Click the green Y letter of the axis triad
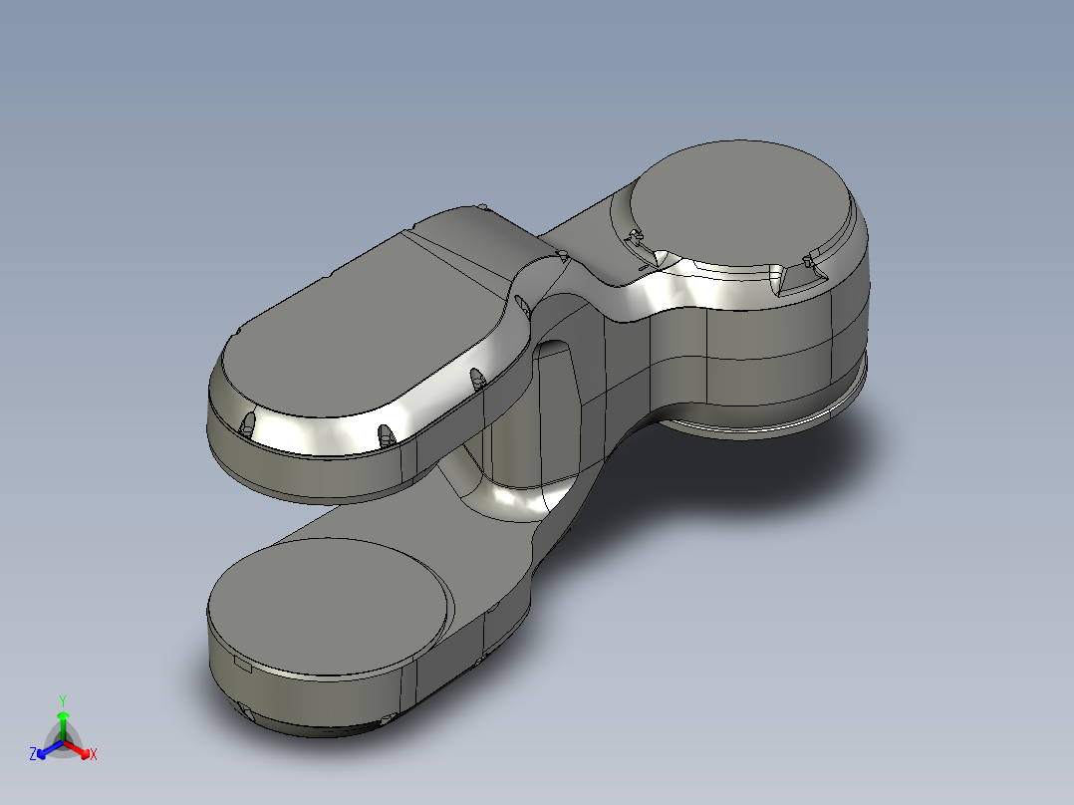tap(62, 699)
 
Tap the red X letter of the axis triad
tap(93, 755)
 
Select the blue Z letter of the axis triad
tap(33, 755)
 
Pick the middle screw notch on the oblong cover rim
tap(385, 434)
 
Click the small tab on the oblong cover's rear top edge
tap(483, 207)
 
